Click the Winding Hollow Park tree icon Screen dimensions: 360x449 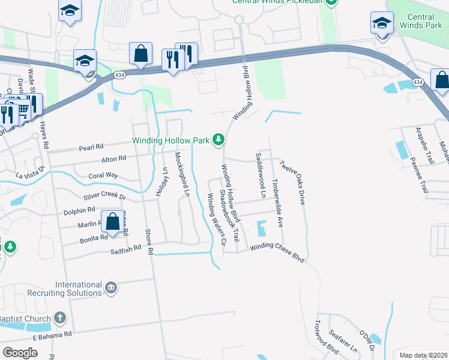[219, 140]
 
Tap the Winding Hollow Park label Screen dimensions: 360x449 [171, 141]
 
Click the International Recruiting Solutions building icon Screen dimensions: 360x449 [111, 289]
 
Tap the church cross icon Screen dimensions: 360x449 [59, 317]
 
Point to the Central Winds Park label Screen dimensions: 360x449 [420, 21]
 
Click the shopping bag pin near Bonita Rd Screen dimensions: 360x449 [112, 221]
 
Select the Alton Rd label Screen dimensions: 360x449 [113, 158]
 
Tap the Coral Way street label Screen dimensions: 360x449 [103, 176]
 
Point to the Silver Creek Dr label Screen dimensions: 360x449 [105, 196]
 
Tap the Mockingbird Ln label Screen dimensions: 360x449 [182, 175]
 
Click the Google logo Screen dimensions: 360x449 [20, 353]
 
